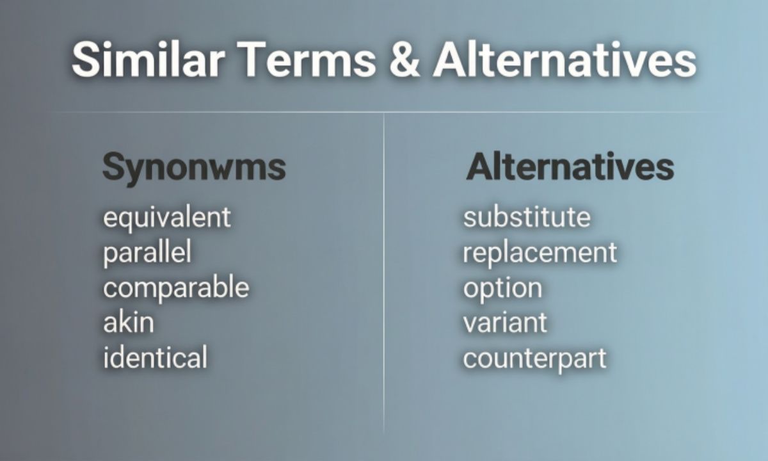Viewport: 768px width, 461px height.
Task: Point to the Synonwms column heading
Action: (x=194, y=168)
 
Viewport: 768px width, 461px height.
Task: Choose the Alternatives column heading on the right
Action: (x=570, y=167)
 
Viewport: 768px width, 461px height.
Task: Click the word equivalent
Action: (x=166, y=218)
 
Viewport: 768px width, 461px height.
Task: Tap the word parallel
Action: (x=147, y=253)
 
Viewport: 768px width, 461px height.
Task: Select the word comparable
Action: (x=176, y=288)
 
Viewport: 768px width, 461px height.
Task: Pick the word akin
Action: (x=128, y=322)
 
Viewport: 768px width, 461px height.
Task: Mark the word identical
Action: (x=155, y=357)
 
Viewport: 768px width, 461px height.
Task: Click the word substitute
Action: (x=527, y=217)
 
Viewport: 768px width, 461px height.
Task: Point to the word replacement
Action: (x=540, y=253)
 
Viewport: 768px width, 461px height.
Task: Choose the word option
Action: (x=502, y=288)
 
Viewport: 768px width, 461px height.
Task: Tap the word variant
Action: (x=505, y=322)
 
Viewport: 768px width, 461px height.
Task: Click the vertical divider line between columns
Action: (x=384, y=275)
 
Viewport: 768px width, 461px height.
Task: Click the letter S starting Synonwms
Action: (x=114, y=168)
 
